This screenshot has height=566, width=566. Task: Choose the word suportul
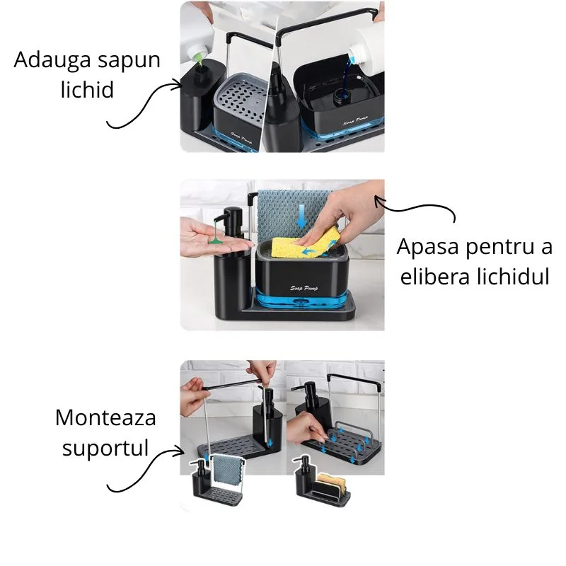tap(105, 447)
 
